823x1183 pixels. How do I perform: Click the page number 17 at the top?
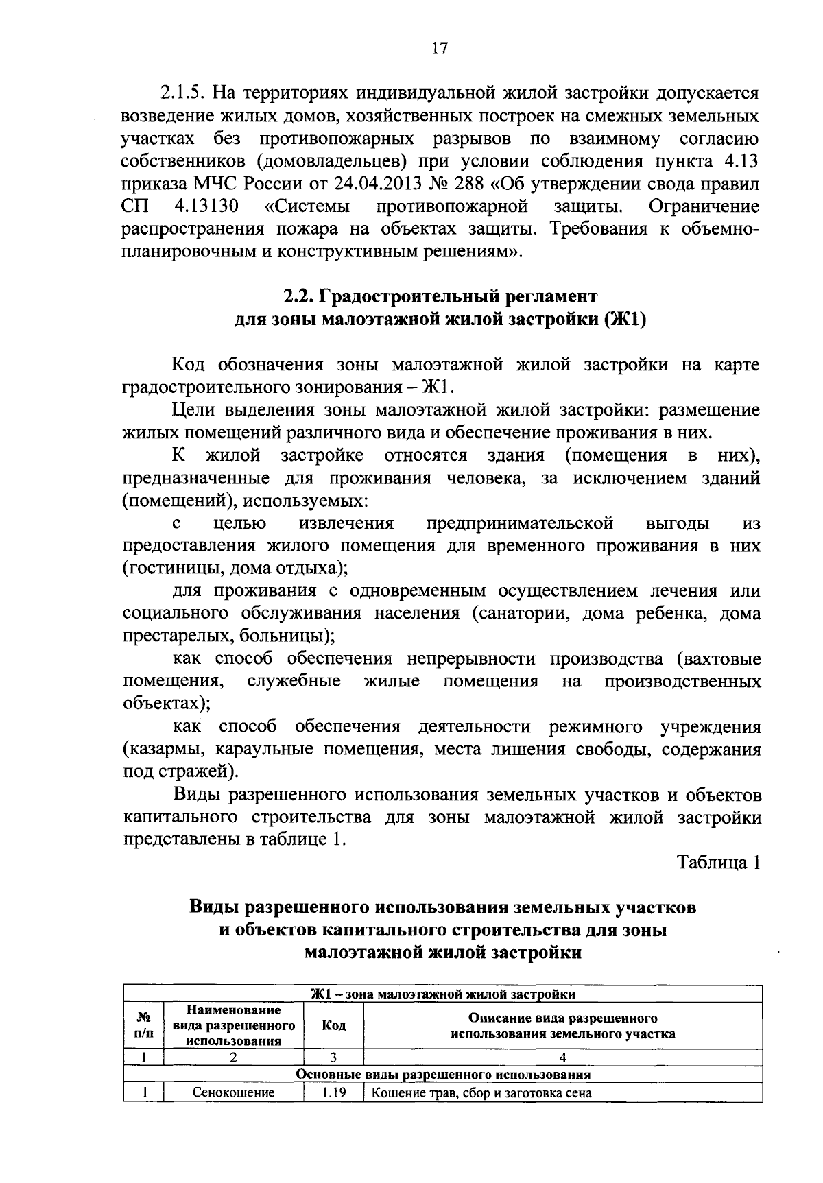440,49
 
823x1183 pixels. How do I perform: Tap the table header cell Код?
333,1026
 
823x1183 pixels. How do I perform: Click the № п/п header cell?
143,1026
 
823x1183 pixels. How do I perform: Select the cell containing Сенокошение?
233,1092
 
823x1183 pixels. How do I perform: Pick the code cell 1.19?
333,1092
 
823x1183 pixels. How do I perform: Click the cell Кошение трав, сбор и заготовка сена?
481,1092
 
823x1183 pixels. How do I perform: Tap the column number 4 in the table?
562,1057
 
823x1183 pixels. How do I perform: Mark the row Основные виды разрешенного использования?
443,1074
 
